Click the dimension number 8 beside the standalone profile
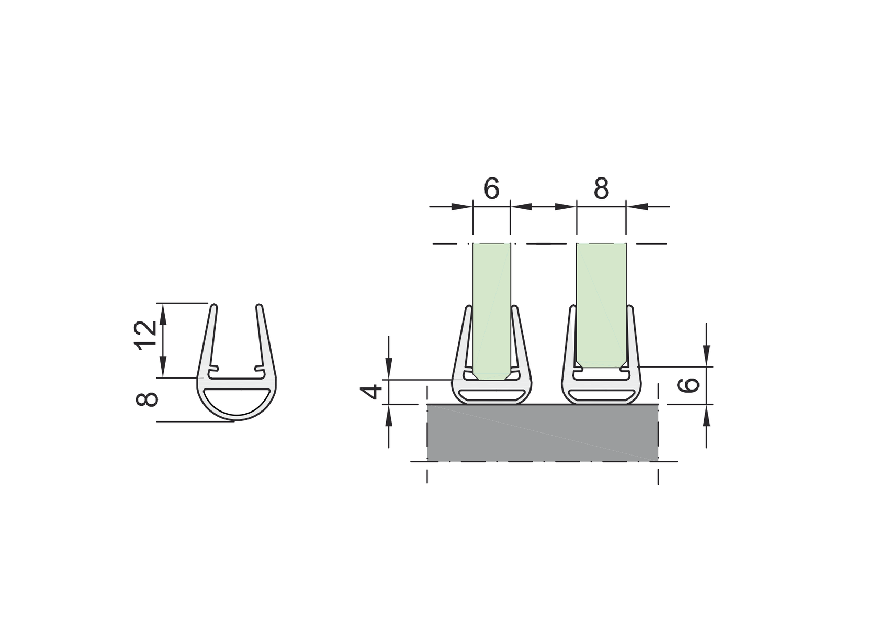[146, 399]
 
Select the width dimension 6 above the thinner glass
[491, 188]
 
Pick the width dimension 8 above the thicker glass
[601, 188]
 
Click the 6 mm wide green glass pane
[491, 304]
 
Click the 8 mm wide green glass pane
[601, 298]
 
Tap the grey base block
[542, 432]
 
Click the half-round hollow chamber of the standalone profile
[237, 401]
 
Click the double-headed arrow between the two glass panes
[543, 207]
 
